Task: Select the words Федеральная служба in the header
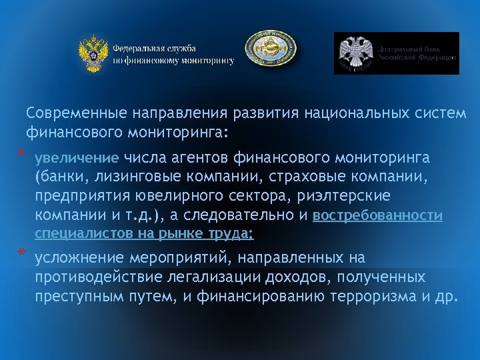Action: pos(154,49)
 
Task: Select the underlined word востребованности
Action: pos(377,216)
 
